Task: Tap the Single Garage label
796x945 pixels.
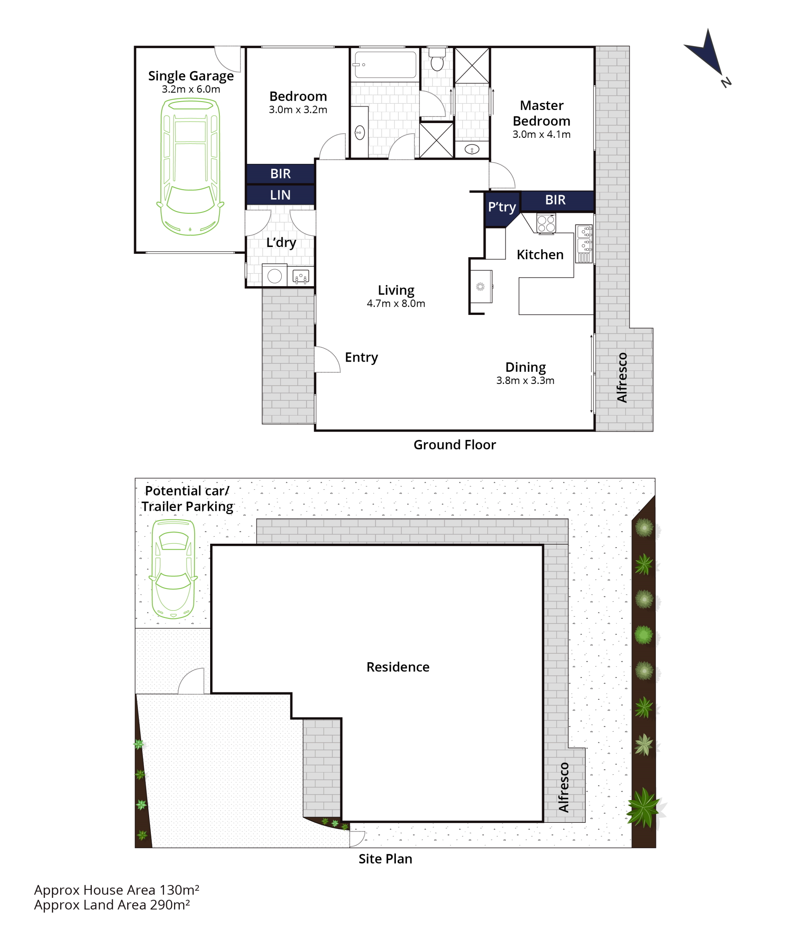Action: click(191, 76)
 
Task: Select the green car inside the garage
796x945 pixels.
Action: click(190, 167)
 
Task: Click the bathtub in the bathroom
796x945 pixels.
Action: click(385, 64)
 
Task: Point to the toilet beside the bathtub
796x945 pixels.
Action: click(437, 59)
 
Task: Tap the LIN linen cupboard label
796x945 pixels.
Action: click(280, 195)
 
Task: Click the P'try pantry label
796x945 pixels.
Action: click(502, 207)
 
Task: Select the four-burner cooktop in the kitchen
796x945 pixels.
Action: click(546, 223)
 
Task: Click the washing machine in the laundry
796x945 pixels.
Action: click(274, 275)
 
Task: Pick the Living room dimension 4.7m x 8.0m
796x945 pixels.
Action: click(396, 303)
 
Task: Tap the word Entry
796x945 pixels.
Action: click(361, 357)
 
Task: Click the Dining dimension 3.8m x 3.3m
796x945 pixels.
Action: click(525, 381)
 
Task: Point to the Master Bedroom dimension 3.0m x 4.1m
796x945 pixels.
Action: click(542, 134)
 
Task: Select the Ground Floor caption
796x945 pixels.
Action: click(454, 445)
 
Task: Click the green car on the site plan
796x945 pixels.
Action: click(174, 569)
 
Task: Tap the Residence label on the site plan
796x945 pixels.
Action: click(398, 667)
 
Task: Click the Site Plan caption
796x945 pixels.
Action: click(385, 859)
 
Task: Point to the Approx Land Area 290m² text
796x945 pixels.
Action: click(112, 905)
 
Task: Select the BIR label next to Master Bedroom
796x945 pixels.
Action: click(555, 200)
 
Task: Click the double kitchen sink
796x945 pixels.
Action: click(584, 244)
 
